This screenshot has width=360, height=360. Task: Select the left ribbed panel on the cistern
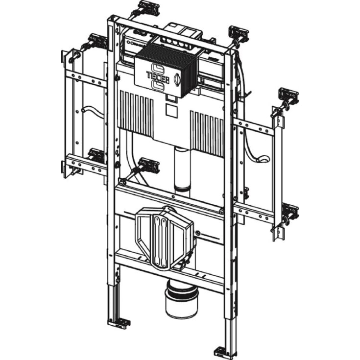point(137,113)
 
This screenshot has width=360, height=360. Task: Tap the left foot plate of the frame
point(120,323)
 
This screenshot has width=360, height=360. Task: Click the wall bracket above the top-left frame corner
point(147,7)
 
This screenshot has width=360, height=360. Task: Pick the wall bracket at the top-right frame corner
point(239,34)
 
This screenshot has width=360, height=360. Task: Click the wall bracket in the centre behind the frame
point(148,165)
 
